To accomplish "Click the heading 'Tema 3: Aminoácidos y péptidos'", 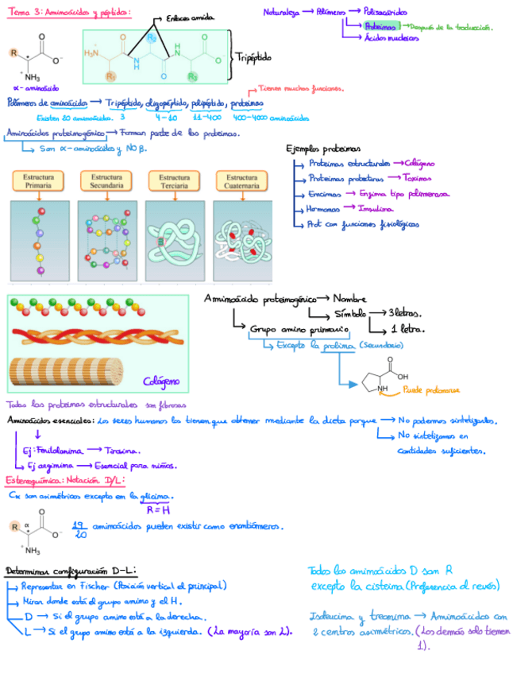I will click(x=69, y=12).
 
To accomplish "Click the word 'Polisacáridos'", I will click(x=387, y=12).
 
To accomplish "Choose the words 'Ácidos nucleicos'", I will click(x=392, y=38).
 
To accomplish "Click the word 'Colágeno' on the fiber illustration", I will click(x=161, y=382).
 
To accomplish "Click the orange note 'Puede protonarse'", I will click(x=431, y=390).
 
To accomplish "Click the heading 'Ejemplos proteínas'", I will click(x=322, y=149).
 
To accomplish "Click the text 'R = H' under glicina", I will click(x=159, y=509).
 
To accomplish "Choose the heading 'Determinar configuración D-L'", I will click(x=70, y=571).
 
